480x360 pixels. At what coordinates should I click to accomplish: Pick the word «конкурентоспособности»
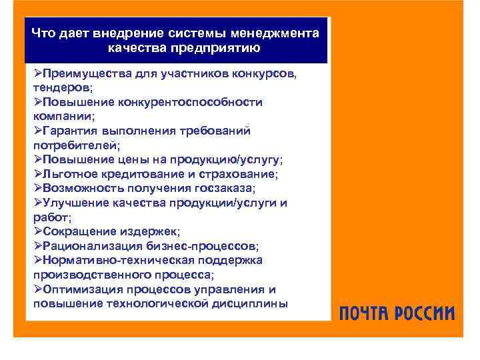(191, 102)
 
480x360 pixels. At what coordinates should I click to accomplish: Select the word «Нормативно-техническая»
(114, 261)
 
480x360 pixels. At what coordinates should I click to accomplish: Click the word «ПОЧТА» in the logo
(369, 313)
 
